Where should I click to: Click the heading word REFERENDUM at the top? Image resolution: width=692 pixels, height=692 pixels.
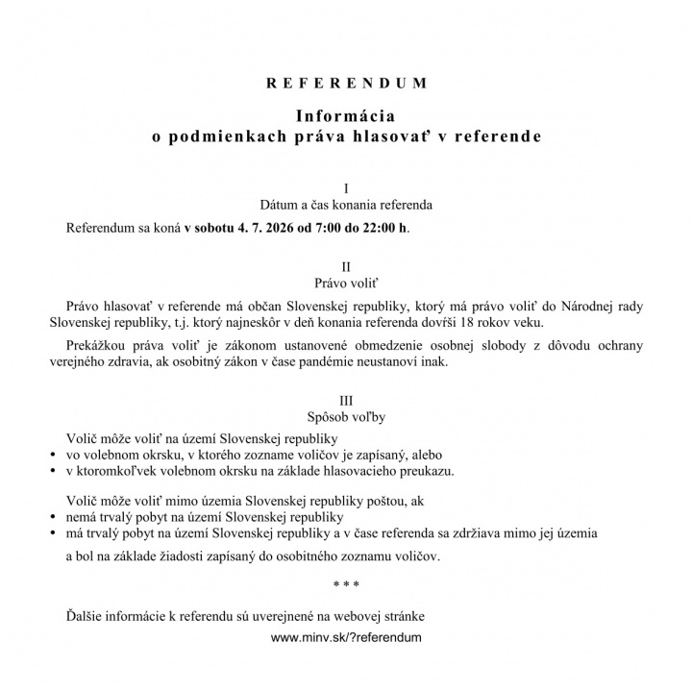coord(346,83)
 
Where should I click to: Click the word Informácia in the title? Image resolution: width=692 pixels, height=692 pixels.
coord(346,117)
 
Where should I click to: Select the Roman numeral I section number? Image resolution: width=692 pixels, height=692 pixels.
coord(346,186)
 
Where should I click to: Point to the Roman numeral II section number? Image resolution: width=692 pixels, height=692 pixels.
coord(346,265)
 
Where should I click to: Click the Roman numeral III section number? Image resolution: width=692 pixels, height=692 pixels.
coord(346,399)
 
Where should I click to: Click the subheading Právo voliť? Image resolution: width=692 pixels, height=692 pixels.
coord(346,284)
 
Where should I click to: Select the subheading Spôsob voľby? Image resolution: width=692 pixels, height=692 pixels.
coord(346,417)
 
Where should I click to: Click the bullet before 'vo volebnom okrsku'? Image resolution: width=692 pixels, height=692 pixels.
coord(52,455)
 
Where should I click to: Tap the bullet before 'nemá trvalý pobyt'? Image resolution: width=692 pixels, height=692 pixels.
coord(52,517)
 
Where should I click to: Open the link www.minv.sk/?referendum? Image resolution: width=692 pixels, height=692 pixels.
coord(346,636)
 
